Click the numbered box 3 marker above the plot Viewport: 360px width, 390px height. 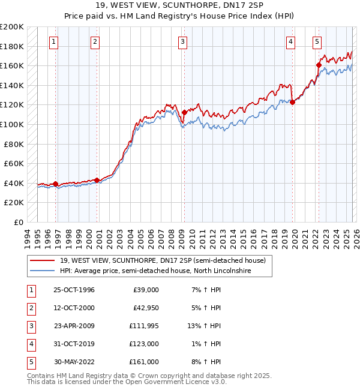pyautogui.click(x=182, y=41)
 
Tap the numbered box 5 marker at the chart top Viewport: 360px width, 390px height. pyautogui.click(x=317, y=41)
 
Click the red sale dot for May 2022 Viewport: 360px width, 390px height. pyautogui.click(x=319, y=65)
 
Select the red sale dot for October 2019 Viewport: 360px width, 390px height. pyautogui.click(x=292, y=102)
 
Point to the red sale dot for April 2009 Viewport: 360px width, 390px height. pyautogui.click(x=184, y=112)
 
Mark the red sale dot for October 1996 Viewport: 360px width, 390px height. pyautogui.click(x=55, y=184)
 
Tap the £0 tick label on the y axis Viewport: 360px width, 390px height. pyautogui.click(x=18, y=222)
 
